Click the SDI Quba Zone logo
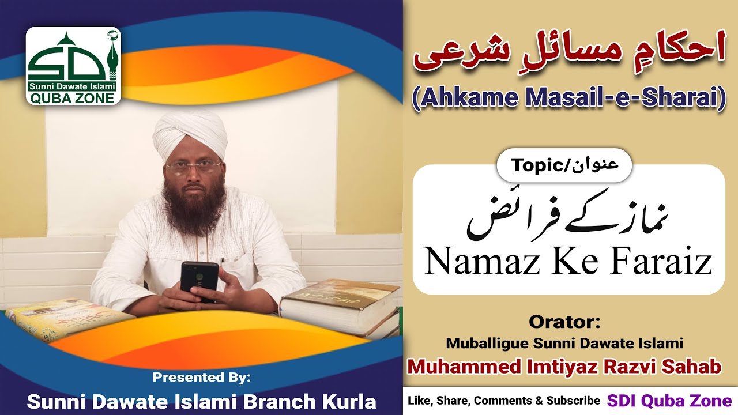[x=73, y=66]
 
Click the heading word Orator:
[x=564, y=321]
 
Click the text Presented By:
[x=201, y=378]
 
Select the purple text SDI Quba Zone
[x=669, y=401]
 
